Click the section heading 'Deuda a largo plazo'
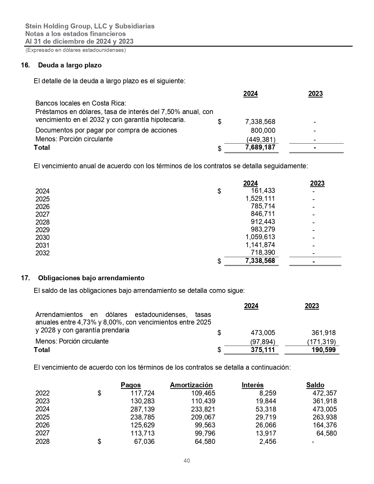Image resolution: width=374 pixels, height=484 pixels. pos(70,65)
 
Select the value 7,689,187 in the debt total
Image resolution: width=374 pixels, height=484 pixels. pos(260,147)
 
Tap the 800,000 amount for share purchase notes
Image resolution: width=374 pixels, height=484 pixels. pos(263,130)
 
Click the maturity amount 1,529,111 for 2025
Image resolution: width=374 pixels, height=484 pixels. pos(260,198)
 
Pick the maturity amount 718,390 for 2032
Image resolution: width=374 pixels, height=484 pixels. pos(263,252)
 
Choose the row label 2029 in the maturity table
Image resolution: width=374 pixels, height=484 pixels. pos(42,230)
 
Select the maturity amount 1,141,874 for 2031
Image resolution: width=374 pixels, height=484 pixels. pos(260,245)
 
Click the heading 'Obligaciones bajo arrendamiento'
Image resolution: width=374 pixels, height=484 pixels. pos(91,278)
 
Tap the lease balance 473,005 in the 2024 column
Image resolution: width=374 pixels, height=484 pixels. pos(263,333)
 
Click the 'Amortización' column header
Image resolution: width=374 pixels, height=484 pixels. pos(191,385)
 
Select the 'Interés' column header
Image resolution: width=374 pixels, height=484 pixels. pos(252,385)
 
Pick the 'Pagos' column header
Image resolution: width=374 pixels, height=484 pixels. pos(131,385)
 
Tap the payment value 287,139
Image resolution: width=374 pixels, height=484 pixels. pos(142,409)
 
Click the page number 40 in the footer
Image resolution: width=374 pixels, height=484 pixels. pos(187,461)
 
